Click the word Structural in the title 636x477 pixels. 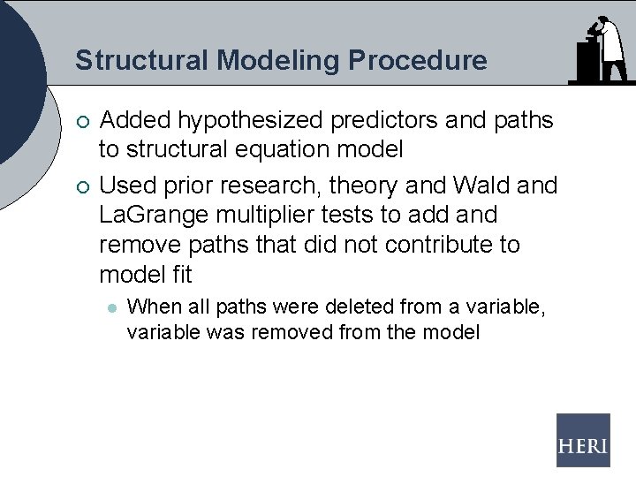[142, 60]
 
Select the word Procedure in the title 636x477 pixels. [417, 60]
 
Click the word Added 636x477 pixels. [135, 120]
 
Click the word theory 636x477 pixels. [364, 185]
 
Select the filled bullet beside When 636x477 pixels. [110, 308]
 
